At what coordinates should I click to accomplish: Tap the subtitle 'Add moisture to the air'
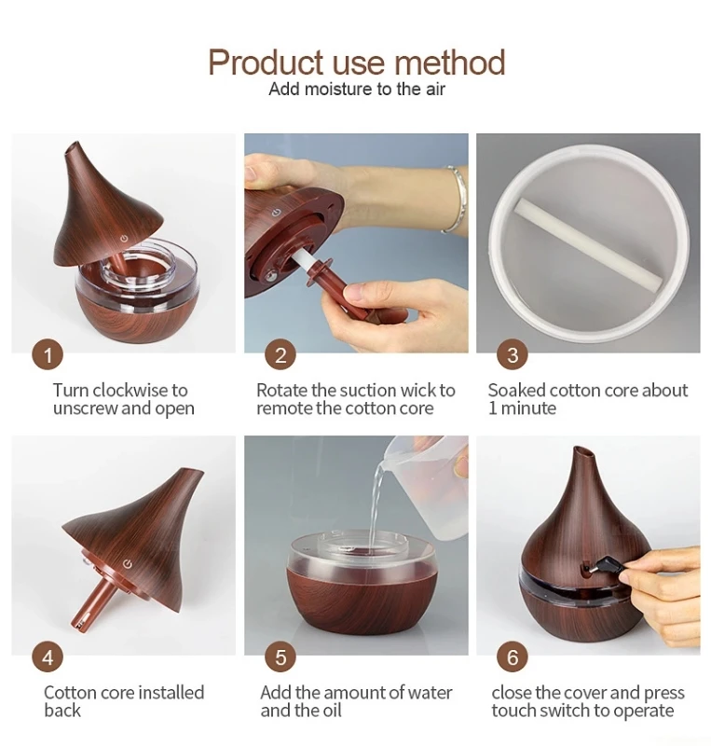point(357,90)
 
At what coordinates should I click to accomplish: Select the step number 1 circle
point(48,354)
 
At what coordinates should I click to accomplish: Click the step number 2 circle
point(280,354)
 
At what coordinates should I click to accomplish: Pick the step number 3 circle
point(512,354)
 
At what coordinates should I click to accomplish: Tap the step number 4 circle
point(48,656)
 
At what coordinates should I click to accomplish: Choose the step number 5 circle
point(280,656)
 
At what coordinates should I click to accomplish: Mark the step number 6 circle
point(512,656)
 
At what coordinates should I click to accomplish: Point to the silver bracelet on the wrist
point(453,198)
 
